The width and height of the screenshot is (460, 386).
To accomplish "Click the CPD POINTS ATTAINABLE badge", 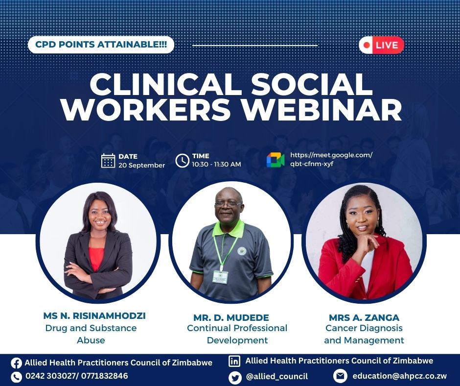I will (x=101, y=45).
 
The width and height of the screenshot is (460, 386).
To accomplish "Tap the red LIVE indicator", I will (x=382, y=45).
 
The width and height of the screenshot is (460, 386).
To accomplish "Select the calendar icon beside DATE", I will (x=108, y=161).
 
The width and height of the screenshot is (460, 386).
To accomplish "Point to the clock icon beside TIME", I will (x=182, y=160).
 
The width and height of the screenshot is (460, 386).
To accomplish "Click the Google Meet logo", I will (x=276, y=160).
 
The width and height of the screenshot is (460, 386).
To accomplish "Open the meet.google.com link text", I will (x=331, y=159).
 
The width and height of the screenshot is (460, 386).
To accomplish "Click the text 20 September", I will (x=141, y=166).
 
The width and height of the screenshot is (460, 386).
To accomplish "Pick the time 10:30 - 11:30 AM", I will (x=216, y=165).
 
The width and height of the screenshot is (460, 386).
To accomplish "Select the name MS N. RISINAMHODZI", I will (x=94, y=316).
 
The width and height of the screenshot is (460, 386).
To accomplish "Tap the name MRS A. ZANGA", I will (x=364, y=317).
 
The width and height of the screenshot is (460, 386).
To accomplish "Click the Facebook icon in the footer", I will (x=16, y=363).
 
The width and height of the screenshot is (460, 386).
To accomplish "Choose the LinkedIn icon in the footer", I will (x=235, y=362).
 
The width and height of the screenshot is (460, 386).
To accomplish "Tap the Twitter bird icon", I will (x=235, y=377).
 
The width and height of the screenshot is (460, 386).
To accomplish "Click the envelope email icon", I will (x=340, y=376).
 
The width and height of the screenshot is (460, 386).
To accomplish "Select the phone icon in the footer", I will (x=16, y=377).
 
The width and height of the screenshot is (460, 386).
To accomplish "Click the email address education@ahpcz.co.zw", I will (x=399, y=376).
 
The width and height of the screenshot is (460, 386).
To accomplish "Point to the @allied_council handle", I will (x=277, y=376).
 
